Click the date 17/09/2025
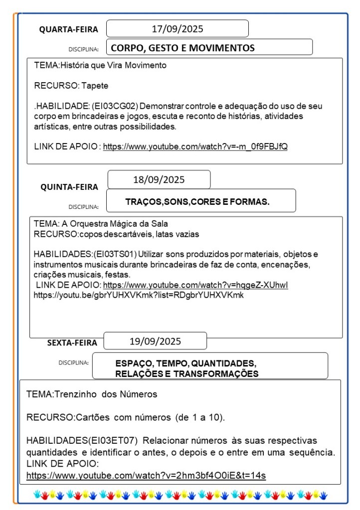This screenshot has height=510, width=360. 178,29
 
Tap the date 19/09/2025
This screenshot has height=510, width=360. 155,341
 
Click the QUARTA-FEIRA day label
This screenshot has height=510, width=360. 69,29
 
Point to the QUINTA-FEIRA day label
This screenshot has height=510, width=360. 69,187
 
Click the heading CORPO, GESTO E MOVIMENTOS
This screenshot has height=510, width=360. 182,48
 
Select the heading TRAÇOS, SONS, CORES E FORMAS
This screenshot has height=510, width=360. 197,202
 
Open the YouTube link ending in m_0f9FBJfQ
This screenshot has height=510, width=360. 195,147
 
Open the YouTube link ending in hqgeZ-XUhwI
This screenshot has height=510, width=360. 195,285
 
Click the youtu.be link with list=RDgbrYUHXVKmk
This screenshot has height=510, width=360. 138,295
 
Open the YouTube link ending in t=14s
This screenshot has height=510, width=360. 146,476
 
